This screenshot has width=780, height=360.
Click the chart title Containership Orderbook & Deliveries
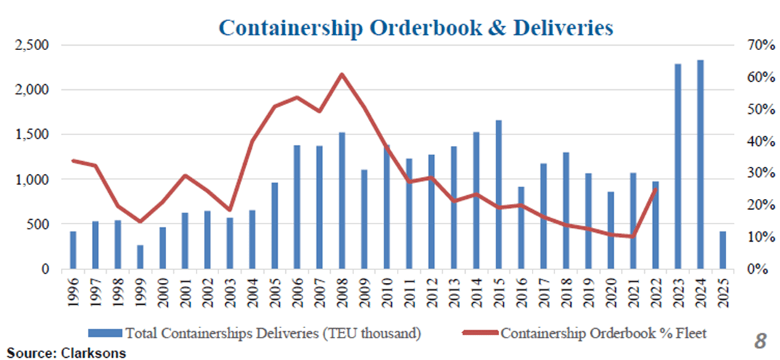[x=416, y=28]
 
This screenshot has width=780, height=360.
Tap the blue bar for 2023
[x=677, y=167]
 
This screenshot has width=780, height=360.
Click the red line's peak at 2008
[x=342, y=74]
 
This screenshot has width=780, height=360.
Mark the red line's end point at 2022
[x=655, y=189]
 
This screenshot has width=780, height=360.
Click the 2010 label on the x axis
[x=387, y=290]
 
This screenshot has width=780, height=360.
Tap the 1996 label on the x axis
[x=73, y=290]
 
